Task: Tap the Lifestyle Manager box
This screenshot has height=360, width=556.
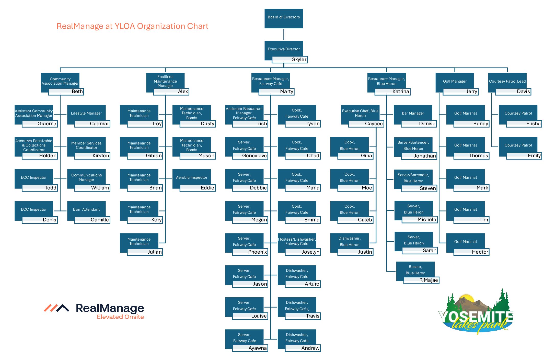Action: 86,113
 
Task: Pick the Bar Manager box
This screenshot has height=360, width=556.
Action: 413,113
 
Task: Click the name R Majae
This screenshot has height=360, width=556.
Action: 428,280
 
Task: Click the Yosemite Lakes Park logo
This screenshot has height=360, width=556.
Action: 476,313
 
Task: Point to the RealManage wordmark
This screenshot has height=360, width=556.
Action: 110,308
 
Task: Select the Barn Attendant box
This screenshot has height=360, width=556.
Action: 86,209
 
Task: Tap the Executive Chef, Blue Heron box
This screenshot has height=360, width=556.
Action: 360,113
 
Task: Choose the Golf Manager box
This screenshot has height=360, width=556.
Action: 455,81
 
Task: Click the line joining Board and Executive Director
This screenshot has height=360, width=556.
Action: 284,35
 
